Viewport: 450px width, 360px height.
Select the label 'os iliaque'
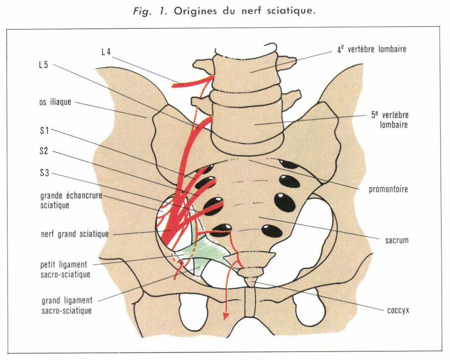click(x=56, y=103)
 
